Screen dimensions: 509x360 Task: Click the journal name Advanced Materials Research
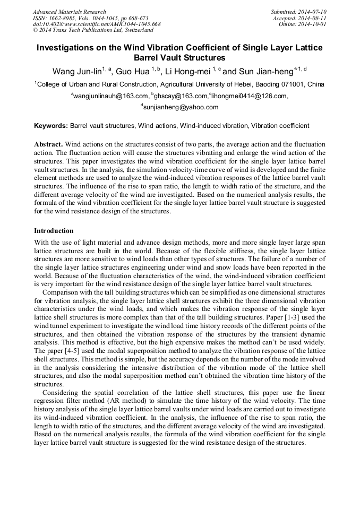tap(69, 12)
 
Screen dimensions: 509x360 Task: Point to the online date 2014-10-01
tap(315, 24)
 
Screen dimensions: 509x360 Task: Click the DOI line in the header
tap(97, 24)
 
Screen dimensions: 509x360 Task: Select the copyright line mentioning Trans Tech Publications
tap(85, 30)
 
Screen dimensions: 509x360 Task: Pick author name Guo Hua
tap(133, 72)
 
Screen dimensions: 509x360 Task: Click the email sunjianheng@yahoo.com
tap(181, 108)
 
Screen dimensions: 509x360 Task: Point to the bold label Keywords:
tap(51, 126)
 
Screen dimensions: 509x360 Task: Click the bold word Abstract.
tap(49, 144)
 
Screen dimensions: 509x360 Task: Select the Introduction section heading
tap(54, 231)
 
